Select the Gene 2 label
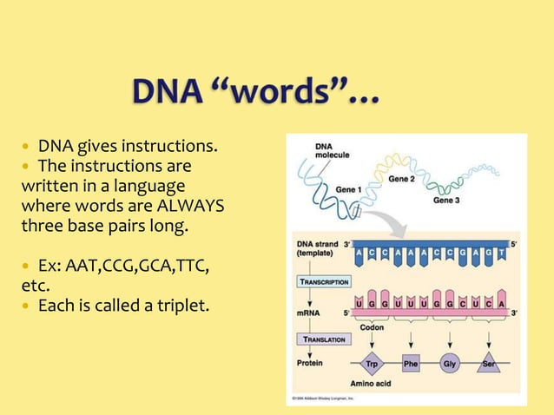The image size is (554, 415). [401, 179]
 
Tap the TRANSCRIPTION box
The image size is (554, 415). [325, 281]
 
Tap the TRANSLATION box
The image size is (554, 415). [324, 339]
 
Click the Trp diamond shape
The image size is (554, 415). [370, 365]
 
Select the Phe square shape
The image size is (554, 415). [410, 365]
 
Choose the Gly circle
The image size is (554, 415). [450, 365]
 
